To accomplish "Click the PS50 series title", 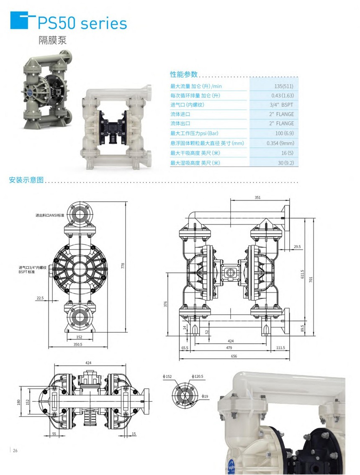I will tap(82, 23).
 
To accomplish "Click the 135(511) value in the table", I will tap(285, 87).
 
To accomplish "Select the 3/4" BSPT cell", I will tap(281, 105).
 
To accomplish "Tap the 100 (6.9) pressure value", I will tap(284, 133).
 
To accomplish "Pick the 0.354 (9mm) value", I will tap(280, 143).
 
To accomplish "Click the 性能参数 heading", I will tap(184, 74).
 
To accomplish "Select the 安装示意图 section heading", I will tap(26, 180).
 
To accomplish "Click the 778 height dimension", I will tap(123, 266).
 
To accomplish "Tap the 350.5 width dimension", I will tap(77, 344).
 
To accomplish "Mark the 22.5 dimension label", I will tap(40, 298).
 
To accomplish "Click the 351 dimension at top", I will tap(258, 197).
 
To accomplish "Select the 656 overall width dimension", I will tap(234, 356).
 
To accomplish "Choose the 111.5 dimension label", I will tap(280, 348).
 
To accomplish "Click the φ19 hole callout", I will tap(205, 396).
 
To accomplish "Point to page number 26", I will tap(15, 450).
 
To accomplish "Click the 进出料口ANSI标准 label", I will tap(50, 215).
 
